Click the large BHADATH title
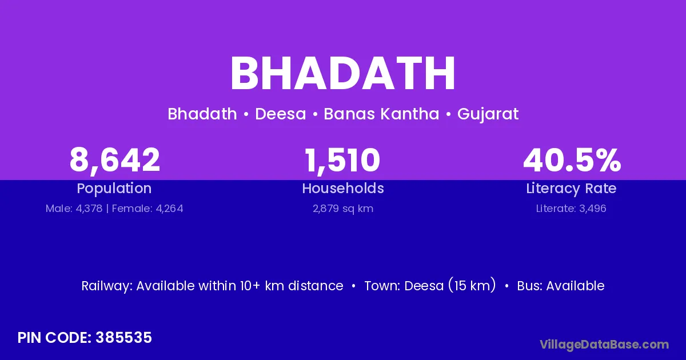point(342,73)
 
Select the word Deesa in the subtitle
point(281,114)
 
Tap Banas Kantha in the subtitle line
point(382,114)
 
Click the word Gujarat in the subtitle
point(488,114)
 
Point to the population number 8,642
point(114,160)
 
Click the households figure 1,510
point(342,160)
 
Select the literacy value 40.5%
point(572,159)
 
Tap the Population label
point(114,189)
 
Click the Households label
point(343,188)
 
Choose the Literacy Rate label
point(571,189)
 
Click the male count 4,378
point(89,209)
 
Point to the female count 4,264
point(169,209)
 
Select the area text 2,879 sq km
point(343,209)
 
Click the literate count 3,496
point(593,209)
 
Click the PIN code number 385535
point(123,338)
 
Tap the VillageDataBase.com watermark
point(604,345)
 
